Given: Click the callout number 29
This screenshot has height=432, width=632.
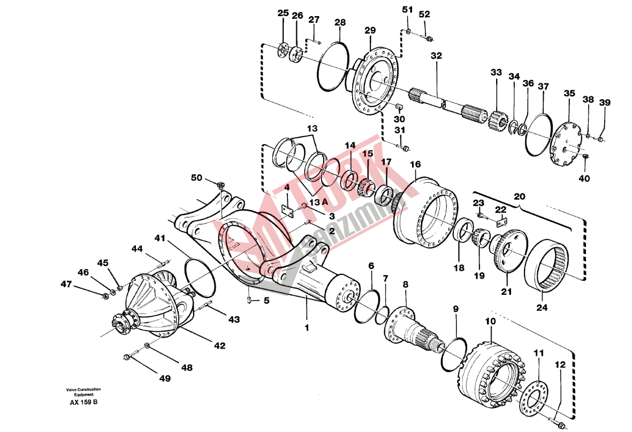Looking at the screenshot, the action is pyautogui.click(x=370, y=30).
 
